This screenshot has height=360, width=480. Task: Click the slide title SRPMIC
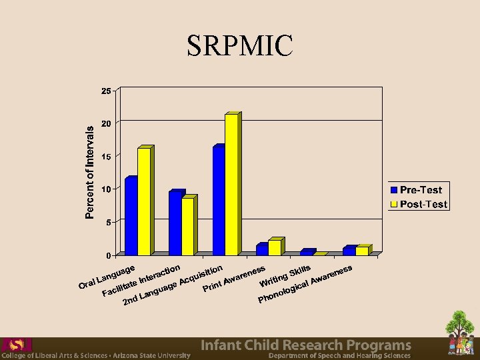tap(240, 45)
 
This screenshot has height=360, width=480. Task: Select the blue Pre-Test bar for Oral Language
tap(131, 217)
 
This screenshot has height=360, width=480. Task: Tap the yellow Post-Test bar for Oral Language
tap(144, 201)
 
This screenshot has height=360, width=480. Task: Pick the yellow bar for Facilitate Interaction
tap(188, 227)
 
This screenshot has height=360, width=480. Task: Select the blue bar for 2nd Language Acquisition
tap(219, 201)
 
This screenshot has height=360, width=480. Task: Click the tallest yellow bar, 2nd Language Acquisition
tap(231, 185)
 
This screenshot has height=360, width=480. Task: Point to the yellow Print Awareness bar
tap(275, 247)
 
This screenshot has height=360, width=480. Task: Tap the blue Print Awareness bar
tap(262, 249)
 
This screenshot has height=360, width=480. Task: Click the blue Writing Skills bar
tap(306, 253)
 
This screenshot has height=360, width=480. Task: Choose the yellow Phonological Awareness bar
tap(362, 251)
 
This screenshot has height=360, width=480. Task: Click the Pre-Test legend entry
tap(419, 191)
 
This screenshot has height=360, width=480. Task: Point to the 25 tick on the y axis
tap(106, 91)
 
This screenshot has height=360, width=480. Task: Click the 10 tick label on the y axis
tap(106, 189)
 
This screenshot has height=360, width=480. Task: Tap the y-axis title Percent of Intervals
tap(90, 173)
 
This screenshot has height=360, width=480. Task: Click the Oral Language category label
tap(107, 277)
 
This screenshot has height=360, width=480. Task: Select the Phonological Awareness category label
tap(305, 285)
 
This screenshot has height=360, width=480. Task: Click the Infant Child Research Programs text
tap(306, 345)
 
